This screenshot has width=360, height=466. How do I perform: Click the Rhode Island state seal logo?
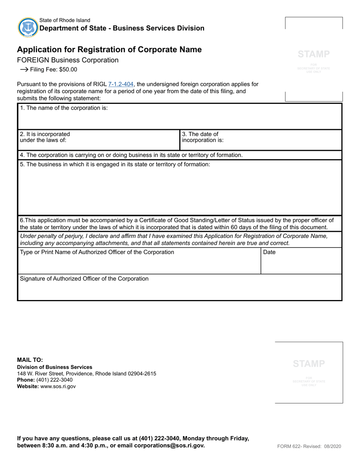pos(28,27)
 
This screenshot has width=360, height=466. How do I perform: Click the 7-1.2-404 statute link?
pos(121,84)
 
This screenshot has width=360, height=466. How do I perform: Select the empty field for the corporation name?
pos(180,119)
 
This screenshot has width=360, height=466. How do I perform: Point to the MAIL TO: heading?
pos(30,360)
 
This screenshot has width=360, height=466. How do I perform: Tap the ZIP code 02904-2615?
pos(142,374)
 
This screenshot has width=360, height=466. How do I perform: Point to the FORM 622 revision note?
pos(309,446)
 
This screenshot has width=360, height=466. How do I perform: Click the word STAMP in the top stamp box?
pos(314,54)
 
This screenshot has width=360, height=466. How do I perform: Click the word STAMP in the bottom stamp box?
pos(309,364)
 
